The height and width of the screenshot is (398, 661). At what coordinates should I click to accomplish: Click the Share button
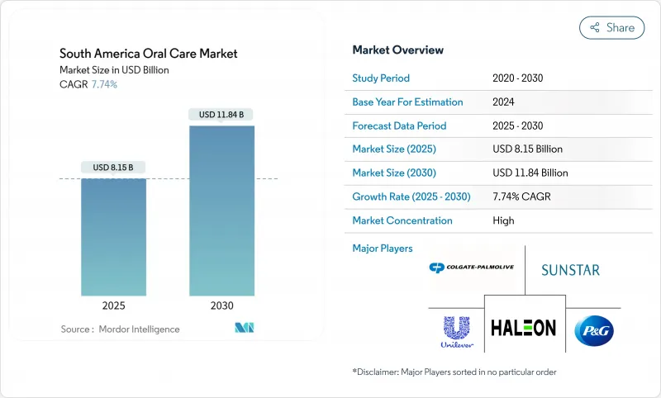click(x=612, y=27)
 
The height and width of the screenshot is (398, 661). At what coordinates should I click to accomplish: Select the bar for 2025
click(x=114, y=236)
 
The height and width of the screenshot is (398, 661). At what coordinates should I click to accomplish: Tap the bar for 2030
click(x=222, y=210)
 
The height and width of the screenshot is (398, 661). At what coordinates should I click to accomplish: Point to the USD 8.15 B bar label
click(x=114, y=168)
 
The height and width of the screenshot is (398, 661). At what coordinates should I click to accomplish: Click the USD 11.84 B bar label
click(x=221, y=115)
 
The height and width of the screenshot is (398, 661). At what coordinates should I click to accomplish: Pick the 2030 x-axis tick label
click(x=222, y=306)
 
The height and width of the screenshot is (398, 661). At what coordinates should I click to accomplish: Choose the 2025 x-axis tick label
click(x=114, y=306)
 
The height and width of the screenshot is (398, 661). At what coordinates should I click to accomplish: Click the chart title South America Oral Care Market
click(x=149, y=54)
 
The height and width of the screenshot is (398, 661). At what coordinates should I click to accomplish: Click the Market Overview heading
click(x=397, y=50)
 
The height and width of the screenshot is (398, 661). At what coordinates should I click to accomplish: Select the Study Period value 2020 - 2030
click(x=517, y=78)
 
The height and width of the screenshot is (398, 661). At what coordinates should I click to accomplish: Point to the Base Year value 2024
click(x=503, y=102)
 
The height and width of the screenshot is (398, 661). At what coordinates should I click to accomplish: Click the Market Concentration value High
click(x=502, y=220)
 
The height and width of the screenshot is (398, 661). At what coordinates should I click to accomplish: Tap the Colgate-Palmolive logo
click(x=472, y=268)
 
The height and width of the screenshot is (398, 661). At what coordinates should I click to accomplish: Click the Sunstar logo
click(x=570, y=269)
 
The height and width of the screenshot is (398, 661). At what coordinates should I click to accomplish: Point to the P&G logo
click(x=594, y=330)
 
